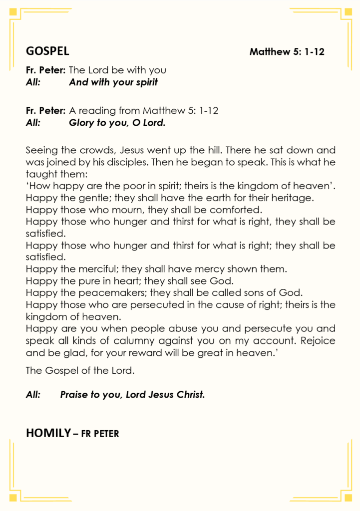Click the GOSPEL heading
(x=47, y=51)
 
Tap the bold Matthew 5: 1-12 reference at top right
(x=287, y=51)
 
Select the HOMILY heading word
(x=48, y=433)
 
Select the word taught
(x=39, y=175)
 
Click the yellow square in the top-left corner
(x=13, y=13)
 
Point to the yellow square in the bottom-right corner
(x=347, y=497)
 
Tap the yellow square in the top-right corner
(x=347, y=13)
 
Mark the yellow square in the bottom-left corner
(x=13, y=497)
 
